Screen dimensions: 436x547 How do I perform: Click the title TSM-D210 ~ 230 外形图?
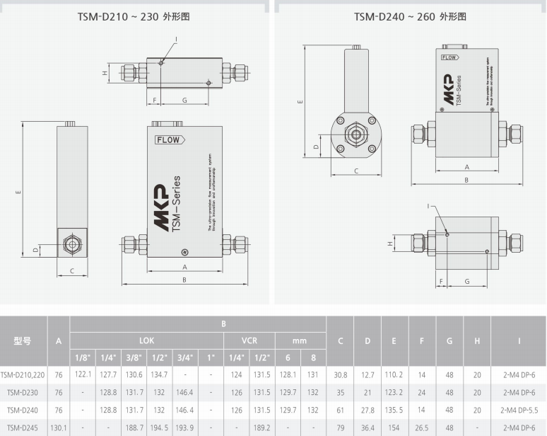tap(133, 16)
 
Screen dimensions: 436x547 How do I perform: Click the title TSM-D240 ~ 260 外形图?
tap(409, 16)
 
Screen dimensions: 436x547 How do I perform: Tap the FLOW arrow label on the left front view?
tap(170, 140)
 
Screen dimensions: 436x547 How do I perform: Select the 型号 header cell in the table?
tap(23, 340)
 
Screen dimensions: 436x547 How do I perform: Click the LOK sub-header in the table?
tap(146, 340)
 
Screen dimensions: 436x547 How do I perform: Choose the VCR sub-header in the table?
tap(249, 340)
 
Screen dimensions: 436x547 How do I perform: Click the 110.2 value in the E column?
tap(394, 374)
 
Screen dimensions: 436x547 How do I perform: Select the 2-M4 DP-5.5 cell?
tap(519, 410)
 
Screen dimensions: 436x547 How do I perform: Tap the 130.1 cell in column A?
tap(59, 428)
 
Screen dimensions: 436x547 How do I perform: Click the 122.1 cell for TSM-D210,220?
tap(83, 374)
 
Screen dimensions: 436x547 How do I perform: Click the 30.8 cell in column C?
tap(340, 374)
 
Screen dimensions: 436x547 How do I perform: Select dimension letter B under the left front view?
tap(184, 280)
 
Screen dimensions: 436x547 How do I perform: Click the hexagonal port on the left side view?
tap(71, 245)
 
